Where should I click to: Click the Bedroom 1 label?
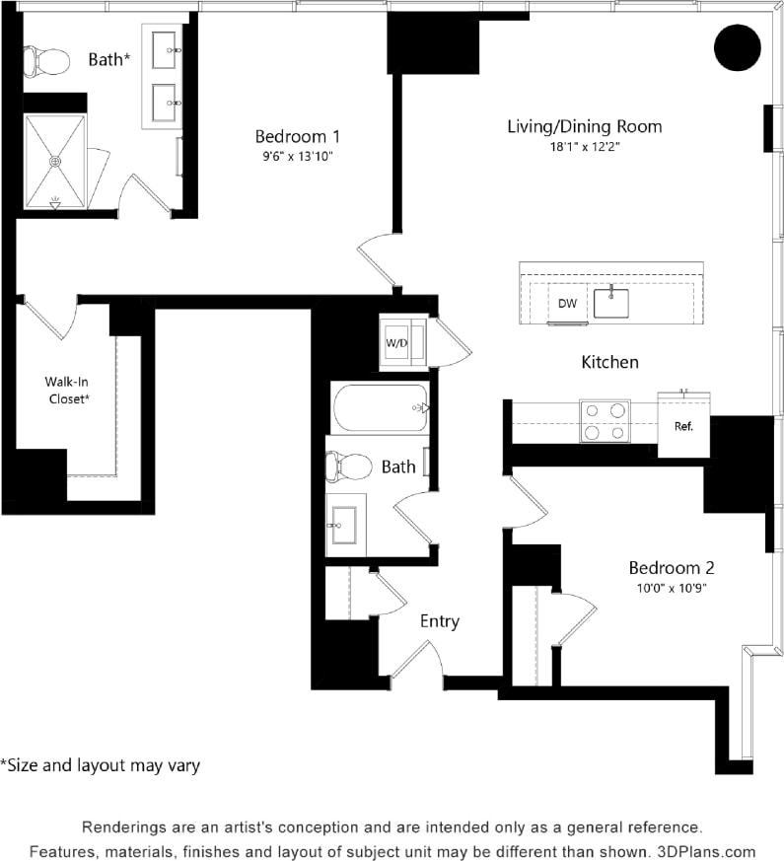(298, 136)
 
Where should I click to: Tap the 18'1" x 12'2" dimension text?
(584, 146)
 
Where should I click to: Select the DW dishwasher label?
(567, 303)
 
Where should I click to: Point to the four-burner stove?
(605, 420)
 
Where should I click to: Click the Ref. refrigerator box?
(683, 427)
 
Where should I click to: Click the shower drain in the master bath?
(55, 160)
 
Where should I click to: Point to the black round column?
(737, 46)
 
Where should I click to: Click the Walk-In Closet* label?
(67, 390)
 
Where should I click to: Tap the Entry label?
(439, 621)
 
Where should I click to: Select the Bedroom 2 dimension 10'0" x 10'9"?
(671, 588)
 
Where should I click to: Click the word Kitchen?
(609, 362)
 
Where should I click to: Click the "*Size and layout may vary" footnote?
(100, 764)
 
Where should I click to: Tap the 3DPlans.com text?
(712, 851)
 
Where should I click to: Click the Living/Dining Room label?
(584, 126)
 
